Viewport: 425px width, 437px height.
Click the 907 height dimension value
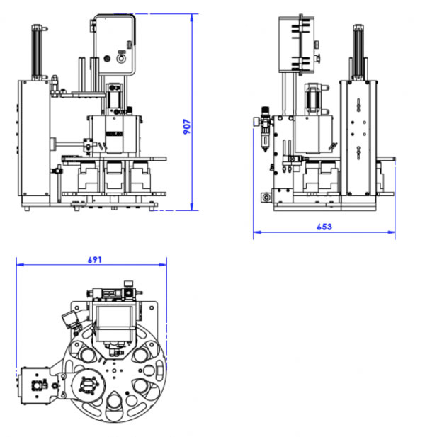click(x=187, y=127)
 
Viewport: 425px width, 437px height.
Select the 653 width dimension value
click(x=324, y=227)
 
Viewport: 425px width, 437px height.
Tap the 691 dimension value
click(x=95, y=260)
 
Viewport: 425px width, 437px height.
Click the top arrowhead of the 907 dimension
click(x=192, y=18)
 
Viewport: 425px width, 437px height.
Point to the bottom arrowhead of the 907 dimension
click(x=192, y=207)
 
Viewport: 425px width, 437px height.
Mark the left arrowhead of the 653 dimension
click(x=257, y=232)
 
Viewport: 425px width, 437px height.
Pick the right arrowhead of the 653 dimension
click(x=391, y=232)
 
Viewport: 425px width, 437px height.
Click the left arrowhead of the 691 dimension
click(x=21, y=265)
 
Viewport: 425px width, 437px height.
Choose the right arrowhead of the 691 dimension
click(x=163, y=265)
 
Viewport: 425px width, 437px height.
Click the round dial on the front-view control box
click(x=121, y=59)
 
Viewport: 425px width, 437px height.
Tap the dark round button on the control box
click(x=107, y=59)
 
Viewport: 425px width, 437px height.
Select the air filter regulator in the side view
click(x=265, y=129)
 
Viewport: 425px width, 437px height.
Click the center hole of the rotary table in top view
click(x=114, y=370)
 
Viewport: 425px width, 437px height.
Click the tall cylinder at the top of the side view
click(x=358, y=52)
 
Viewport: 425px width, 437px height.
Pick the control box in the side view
click(x=297, y=45)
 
